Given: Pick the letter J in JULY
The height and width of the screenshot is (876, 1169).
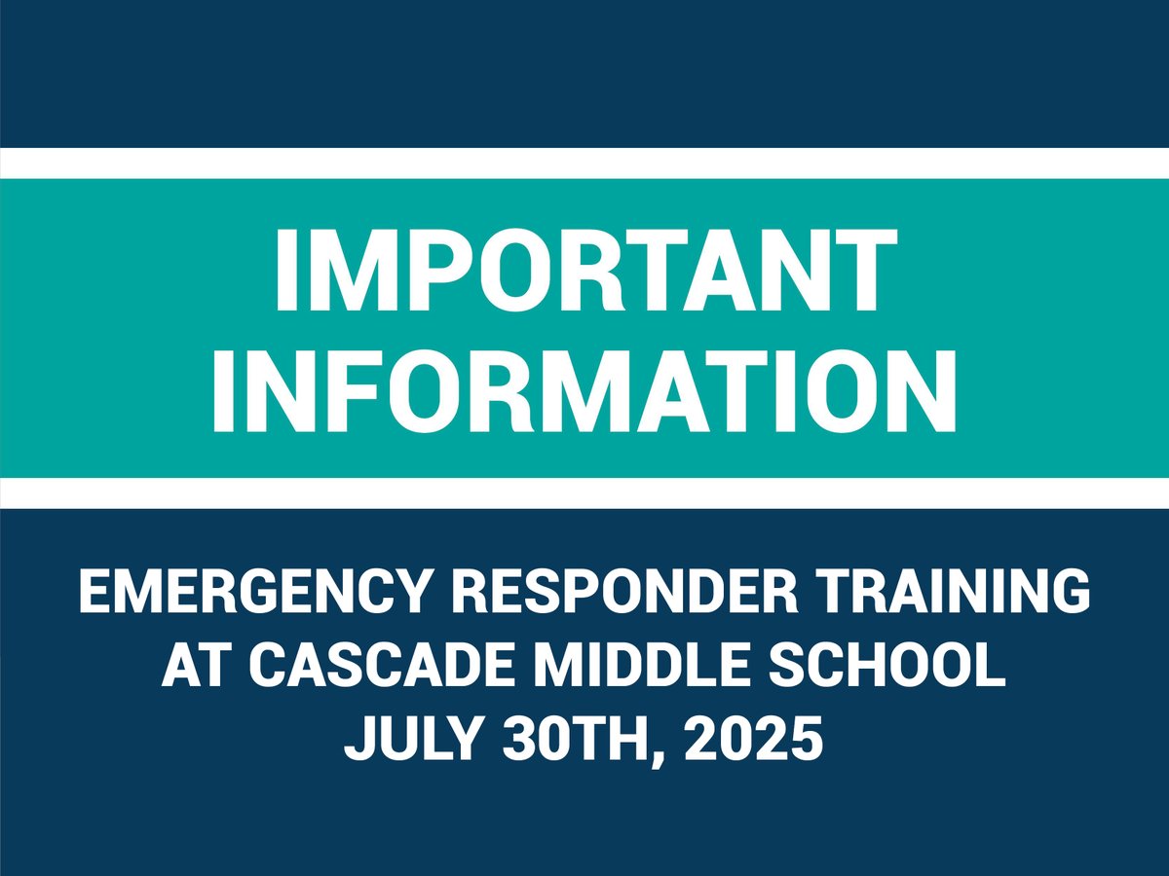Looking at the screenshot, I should coord(360,741).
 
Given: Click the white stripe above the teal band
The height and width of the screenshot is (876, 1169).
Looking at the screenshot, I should coord(584,163).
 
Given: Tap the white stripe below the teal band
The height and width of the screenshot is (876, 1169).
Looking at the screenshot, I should coord(584,493).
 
